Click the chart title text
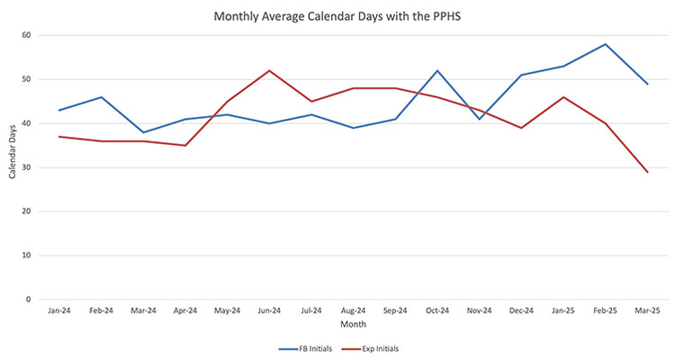337,15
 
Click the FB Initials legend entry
308,347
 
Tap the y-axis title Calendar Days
12,167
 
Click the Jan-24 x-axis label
58,309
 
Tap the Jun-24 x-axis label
269,309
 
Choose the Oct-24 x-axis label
438,309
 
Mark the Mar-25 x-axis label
647,309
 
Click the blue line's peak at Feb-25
606,44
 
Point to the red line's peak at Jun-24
269,70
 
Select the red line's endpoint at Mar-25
647,172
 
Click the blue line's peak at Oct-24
438,70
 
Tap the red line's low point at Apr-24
184,145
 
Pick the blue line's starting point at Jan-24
58,110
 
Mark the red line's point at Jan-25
563,97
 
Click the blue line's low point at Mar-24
143,132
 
